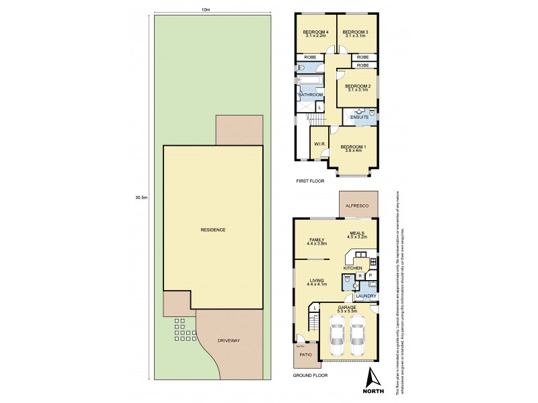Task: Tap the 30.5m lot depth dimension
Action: pos(141,197)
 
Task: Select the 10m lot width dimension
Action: pos(206,9)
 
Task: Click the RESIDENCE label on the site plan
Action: pos(213,230)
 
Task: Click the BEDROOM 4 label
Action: pos(315,32)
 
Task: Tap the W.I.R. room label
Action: pos(319,144)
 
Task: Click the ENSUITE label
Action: pos(360,118)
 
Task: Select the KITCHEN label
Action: pos(353,268)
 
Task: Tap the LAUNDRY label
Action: pos(366,296)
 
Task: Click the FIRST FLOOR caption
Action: pos(310,182)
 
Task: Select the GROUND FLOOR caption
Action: pos(310,375)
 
